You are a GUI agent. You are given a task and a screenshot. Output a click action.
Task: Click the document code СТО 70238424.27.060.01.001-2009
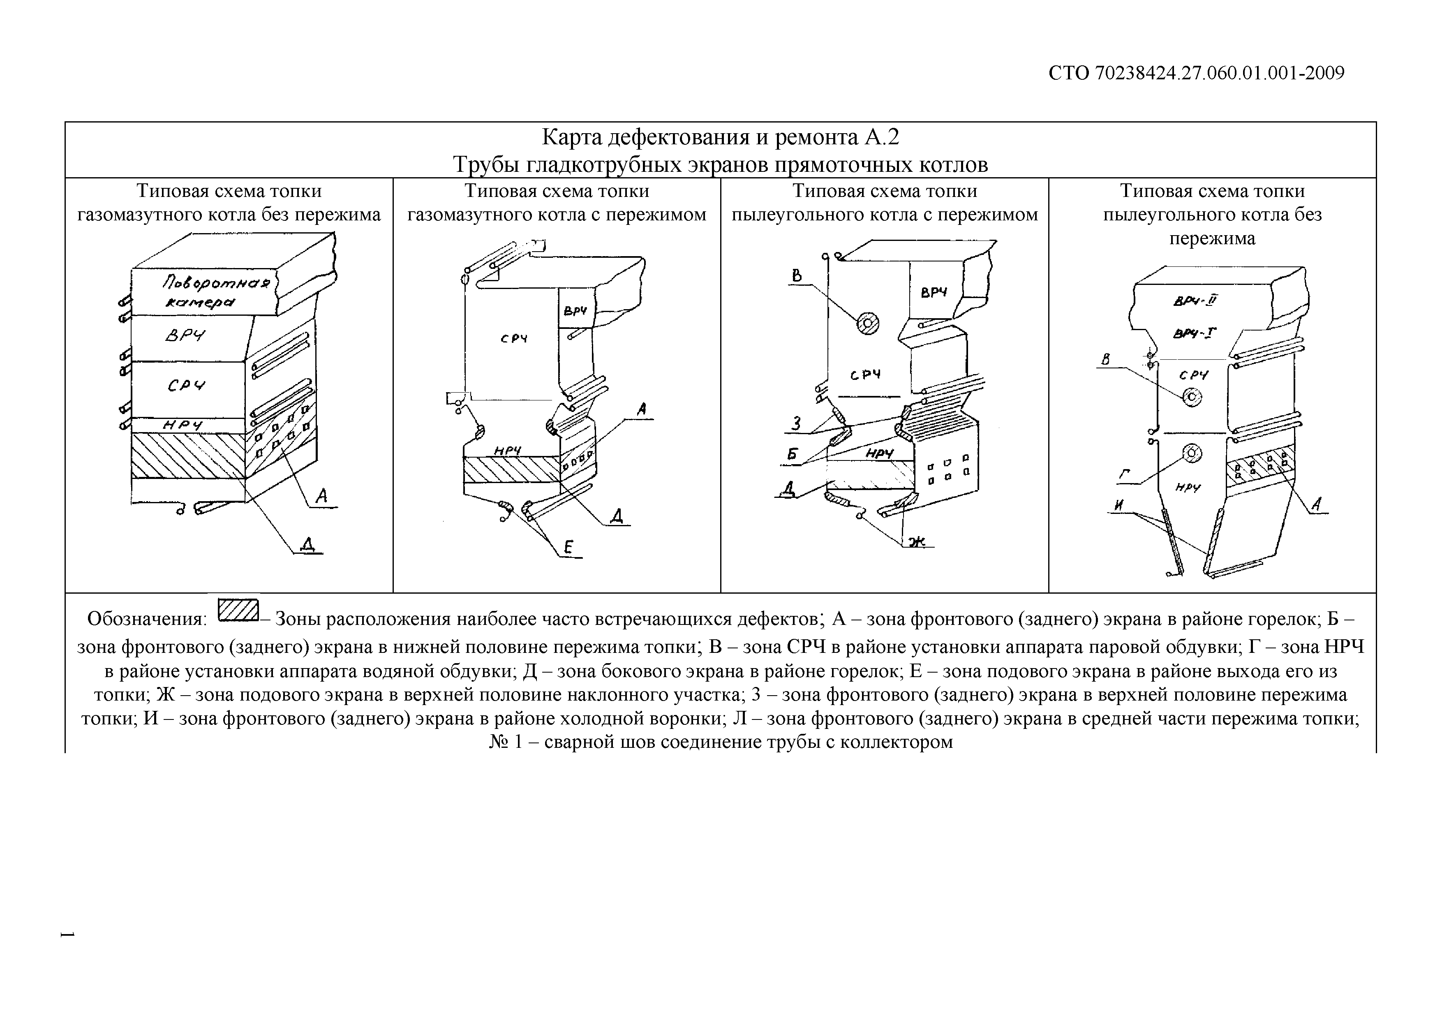click(x=1197, y=74)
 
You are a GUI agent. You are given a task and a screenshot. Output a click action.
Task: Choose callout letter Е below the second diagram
click(x=568, y=548)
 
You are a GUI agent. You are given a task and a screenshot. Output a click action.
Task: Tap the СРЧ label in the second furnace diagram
click(x=514, y=339)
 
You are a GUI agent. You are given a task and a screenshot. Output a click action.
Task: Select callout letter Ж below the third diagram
click(x=917, y=541)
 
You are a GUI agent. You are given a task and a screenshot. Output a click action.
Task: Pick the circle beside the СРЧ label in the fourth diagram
click(x=1191, y=397)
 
